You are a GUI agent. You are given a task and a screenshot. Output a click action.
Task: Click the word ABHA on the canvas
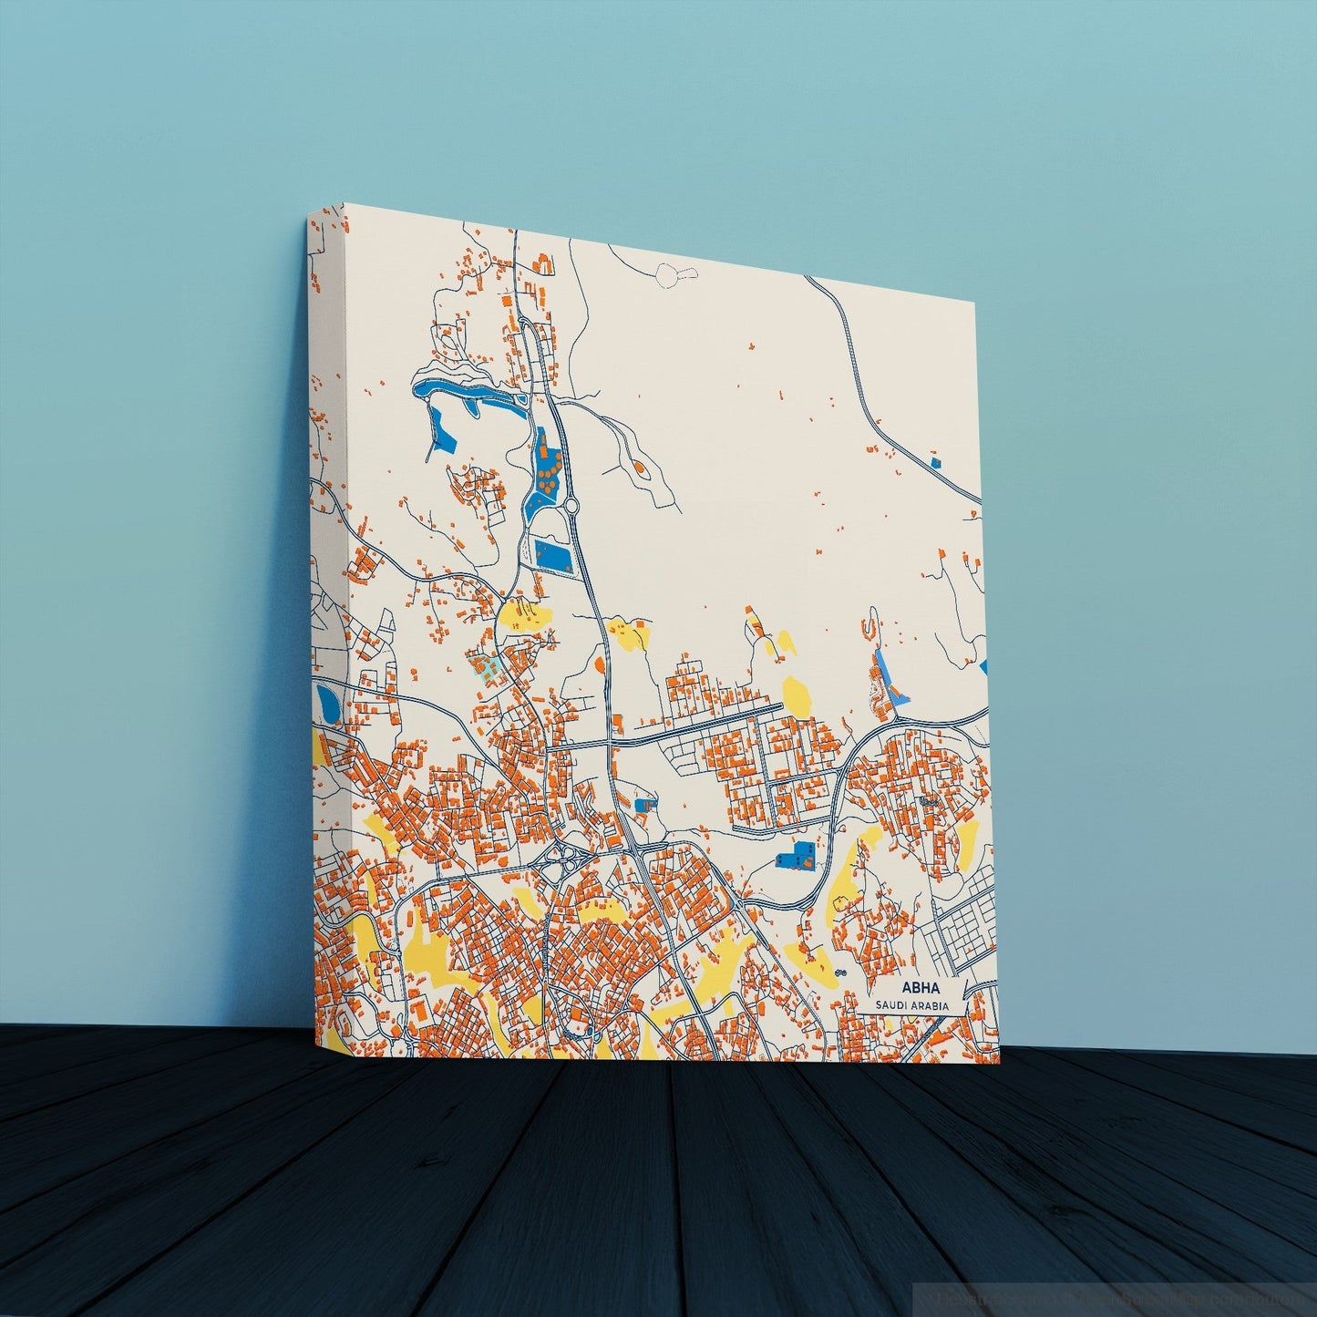(920, 988)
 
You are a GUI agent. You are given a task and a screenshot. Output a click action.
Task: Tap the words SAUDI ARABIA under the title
(911, 1005)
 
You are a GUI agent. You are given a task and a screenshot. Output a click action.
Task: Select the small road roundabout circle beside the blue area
(572, 506)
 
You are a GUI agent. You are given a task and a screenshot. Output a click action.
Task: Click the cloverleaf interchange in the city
(566, 857)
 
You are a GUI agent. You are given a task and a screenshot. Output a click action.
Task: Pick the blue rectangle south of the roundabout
(553, 554)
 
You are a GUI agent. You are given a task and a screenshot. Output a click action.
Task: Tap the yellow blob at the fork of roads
(522, 616)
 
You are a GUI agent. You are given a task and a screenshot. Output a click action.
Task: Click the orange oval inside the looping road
(638, 468)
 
